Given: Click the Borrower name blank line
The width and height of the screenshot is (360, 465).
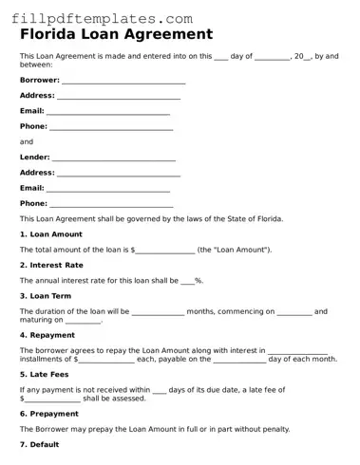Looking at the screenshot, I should [123, 82].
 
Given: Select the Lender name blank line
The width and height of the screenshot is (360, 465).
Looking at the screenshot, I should [113, 158].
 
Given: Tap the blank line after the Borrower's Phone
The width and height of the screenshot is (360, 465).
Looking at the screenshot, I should [111, 128].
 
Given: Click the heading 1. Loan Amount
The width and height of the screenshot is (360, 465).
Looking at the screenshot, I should [51, 234].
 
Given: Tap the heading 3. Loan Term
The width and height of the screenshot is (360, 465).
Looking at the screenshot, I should [46, 295].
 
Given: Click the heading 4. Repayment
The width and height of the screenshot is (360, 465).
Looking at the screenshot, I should [47, 335].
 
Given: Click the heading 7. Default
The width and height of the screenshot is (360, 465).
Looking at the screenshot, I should [39, 444].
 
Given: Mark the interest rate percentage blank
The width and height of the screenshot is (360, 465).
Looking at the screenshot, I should [186, 281].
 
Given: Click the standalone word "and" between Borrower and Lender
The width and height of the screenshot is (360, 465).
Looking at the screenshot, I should [27, 142].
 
